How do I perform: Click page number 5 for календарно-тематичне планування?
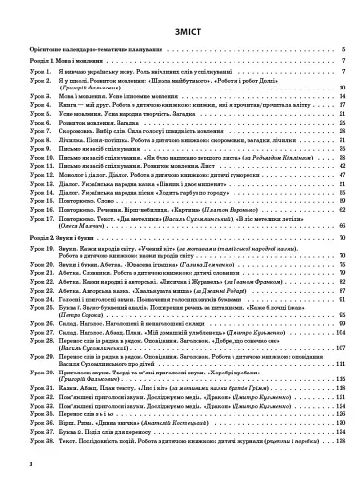click(344, 47)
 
